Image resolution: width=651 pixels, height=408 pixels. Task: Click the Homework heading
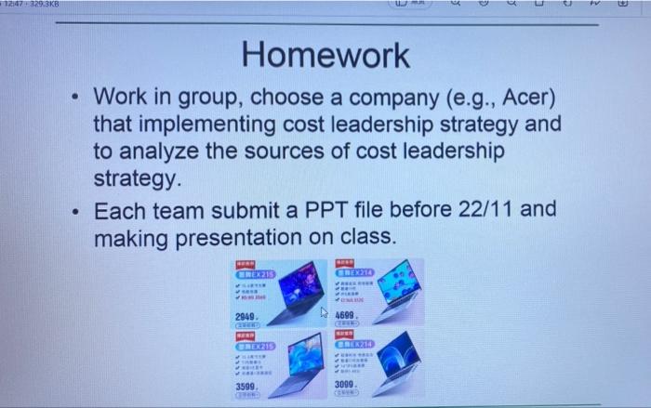[325, 55]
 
